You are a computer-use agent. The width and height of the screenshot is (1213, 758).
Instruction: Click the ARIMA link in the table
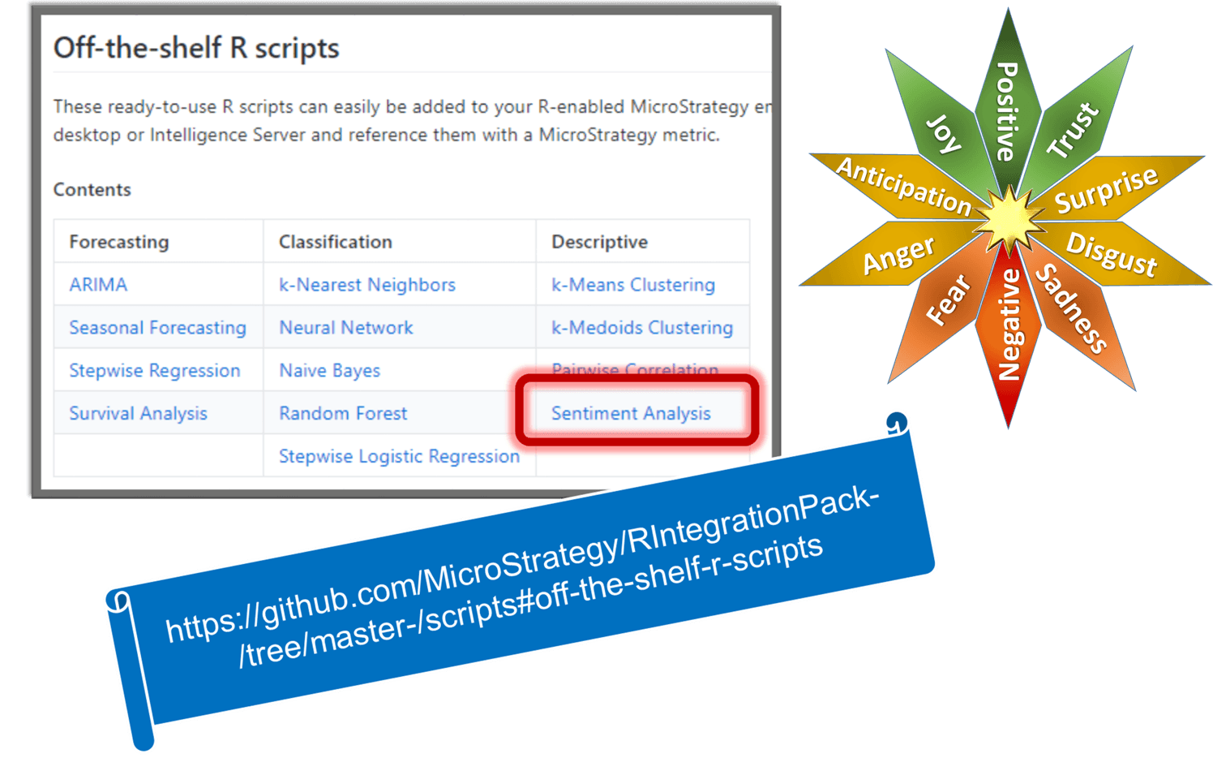point(98,285)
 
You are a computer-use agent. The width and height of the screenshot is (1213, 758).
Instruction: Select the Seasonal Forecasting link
point(157,328)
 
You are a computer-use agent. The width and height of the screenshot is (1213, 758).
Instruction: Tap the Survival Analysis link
point(138,414)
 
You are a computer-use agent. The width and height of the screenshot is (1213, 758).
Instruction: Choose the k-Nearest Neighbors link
point(366,285)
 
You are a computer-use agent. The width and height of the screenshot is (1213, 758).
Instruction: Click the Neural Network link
point(345,328)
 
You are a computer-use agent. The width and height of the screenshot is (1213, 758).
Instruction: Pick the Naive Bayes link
point(329,371)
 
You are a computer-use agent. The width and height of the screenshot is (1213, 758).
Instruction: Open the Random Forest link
point(343,414)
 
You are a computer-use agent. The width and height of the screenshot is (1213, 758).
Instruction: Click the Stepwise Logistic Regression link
point(399,457)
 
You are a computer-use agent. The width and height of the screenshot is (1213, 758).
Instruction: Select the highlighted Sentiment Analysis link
point(631,414)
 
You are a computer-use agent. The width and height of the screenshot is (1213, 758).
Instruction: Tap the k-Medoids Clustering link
point(641,328)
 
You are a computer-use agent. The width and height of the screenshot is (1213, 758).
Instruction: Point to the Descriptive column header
point(599,242)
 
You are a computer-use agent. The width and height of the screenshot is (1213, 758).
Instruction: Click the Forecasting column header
point(119,242)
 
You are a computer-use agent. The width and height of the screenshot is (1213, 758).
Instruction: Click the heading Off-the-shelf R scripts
point(196,49)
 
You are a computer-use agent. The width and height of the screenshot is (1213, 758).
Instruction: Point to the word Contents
point(92,190)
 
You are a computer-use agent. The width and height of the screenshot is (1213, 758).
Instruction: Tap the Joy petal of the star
point(944,134)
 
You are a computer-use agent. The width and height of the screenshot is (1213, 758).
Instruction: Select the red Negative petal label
point(1009,325)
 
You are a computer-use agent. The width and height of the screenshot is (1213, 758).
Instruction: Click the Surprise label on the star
point(1106,190)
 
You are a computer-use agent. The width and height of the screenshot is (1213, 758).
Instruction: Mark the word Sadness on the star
point(1072,308)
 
